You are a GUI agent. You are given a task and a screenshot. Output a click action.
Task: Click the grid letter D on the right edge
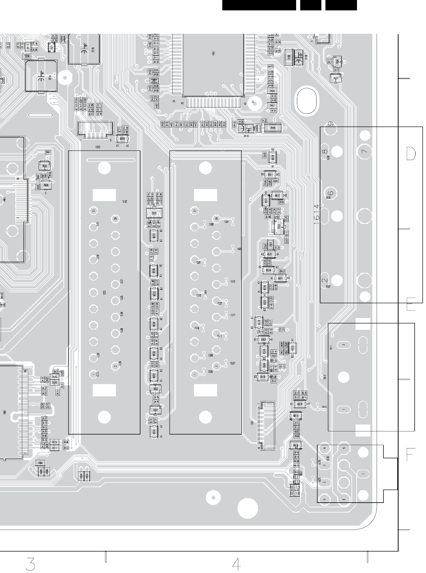(x=411, y=153)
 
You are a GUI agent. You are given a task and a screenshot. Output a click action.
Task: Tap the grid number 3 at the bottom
(x=31, y=564)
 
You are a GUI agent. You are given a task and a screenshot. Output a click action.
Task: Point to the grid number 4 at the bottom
(x=236, y=564)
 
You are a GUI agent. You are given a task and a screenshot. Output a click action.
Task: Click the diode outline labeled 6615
(x=296, y=416)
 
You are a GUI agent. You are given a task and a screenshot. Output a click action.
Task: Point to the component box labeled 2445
(x=273, y=128)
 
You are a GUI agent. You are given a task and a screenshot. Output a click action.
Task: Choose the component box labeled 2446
(x=273, y=91)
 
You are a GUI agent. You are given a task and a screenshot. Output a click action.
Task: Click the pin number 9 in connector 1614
(x=330, y=125)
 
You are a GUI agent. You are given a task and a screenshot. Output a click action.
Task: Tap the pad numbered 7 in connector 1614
(x=364, y=151)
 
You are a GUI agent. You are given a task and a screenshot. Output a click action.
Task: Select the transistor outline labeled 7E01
(x=151, y=213)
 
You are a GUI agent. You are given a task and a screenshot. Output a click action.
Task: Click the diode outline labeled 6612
(x=278, y=196)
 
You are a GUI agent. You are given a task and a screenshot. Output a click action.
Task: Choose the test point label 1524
(x=226, y=222)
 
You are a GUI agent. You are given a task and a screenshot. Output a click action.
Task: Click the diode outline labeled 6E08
(x=122, y=139)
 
